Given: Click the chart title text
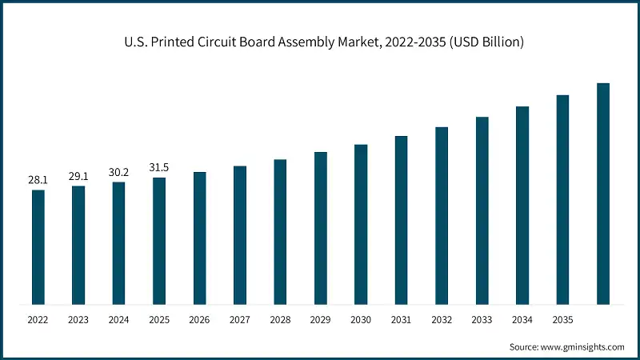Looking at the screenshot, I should pos(319,42).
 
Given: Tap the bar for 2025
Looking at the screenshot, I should pos(159,240).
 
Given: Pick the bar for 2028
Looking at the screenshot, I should pos(280,231).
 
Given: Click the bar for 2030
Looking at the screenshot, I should pos(361,224).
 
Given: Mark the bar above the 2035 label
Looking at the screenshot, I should pos(562,199).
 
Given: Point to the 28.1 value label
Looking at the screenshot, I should pos(38,181).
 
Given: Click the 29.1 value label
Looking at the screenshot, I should pos(78,177).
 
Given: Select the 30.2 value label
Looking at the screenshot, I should pos(118,173).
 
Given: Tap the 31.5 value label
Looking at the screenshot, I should pos(159,168).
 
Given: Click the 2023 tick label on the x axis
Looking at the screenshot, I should pos(78,319).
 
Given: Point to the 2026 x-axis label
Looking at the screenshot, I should pos(199,319).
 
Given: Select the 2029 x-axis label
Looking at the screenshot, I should pos(320,319).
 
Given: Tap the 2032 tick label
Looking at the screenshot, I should pos(442,319).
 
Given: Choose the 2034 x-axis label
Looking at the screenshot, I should pos(522,319).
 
